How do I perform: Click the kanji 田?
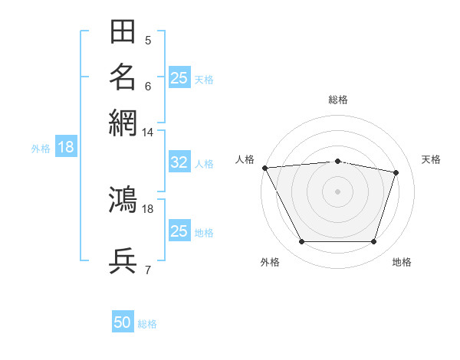pyautogui.click(x=123, y=31)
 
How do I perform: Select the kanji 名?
pyautogui.click(x=123, y=77)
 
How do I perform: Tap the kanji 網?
pyautogui.click(x=123, y=123)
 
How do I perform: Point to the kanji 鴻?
pyautogui.click(x=123, y=199)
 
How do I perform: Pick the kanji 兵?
pyautogui.click(x=123, y=260)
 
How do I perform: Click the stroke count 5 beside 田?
pyautogui.click(x=148, y=40)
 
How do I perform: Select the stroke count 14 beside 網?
pyautogui.click(x=147, y=133)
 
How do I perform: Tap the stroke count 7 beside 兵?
pyautogui.click(x=148, y=270)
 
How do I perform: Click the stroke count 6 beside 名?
pyautogui.click(x=148, y=87)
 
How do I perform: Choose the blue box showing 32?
pyautogui.click(x=179, y=162)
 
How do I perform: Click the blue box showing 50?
pyautogui.click(x=123, y=321)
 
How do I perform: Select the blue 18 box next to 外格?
pyautogui.click(x=66, y=146)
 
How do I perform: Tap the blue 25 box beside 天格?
pyautogui.click(x=179, y=77)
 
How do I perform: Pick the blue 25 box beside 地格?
pyautogui.click(x=179, y=230)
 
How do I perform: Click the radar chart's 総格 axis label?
pyautogui.click(x=338, y=100)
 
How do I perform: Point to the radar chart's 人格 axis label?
pyautogui.click(x=245, y=159)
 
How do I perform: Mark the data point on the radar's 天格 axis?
pyautogui.click(x=396, y=172)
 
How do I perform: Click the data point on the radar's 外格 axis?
pyautogui.click(x=302, y=241)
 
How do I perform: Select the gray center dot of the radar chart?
pyautogui.click(x=337, y=191)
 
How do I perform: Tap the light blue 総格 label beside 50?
pyautogui.click(x=147, y=324)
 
